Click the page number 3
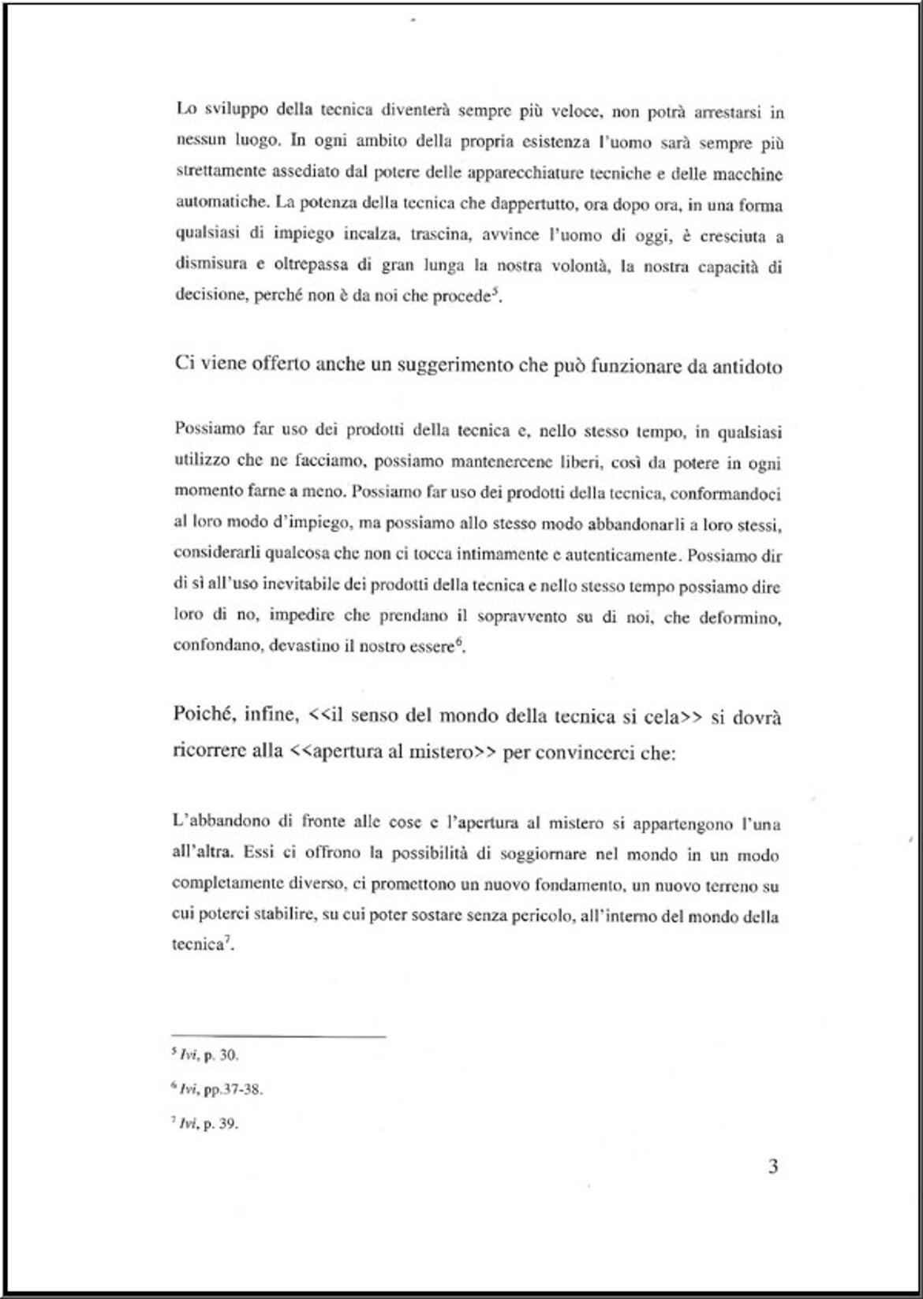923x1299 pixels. [x=772, y=1166]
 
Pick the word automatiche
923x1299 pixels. [x=220, y=202]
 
